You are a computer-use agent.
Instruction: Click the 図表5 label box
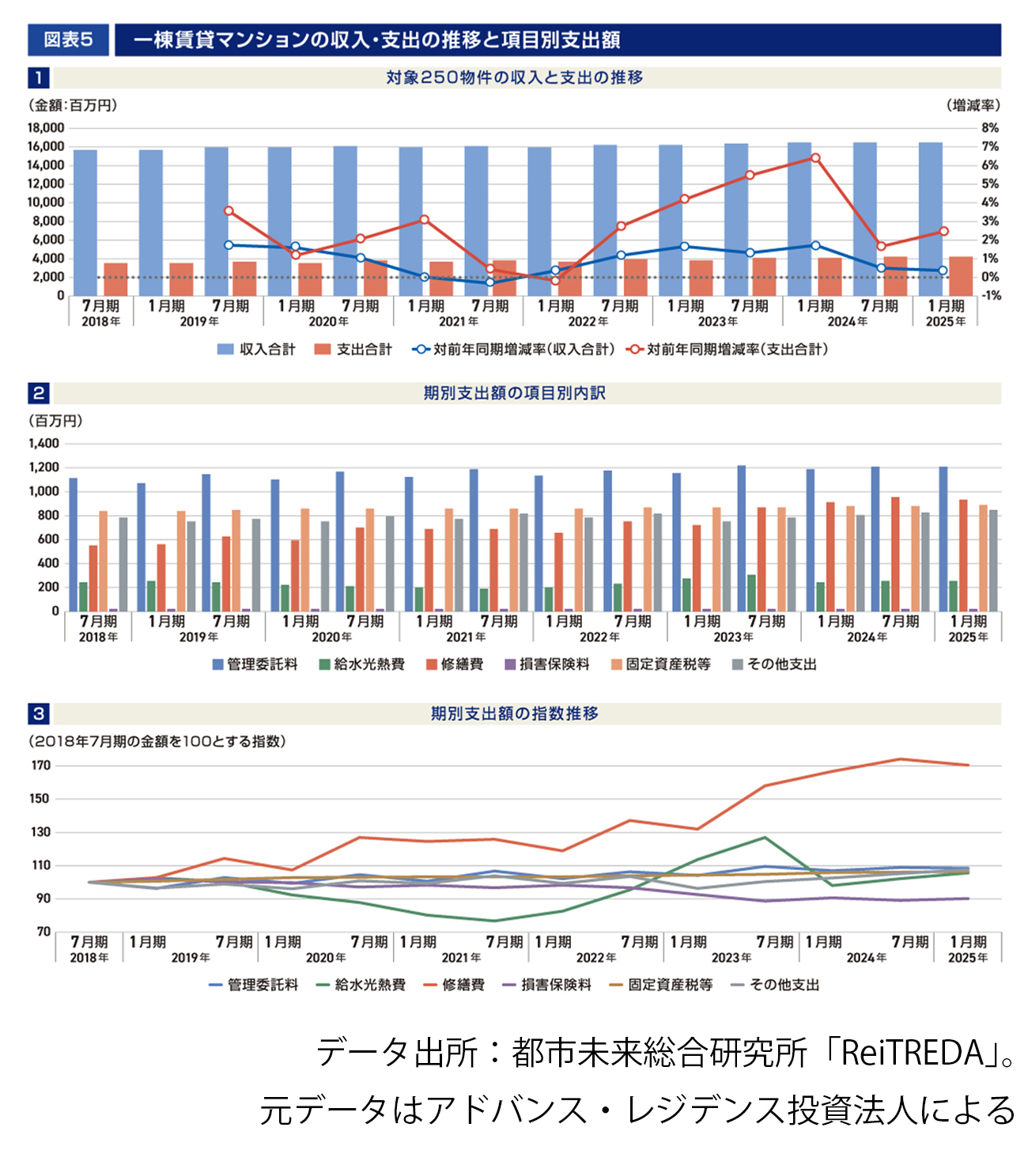point(68,40)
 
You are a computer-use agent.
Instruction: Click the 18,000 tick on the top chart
point(46,128)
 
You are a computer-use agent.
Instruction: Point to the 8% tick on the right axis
point(990,128)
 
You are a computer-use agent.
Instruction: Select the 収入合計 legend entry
point(256,349)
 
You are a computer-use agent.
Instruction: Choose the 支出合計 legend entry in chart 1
point(353,349)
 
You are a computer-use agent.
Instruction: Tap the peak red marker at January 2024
point(815,158)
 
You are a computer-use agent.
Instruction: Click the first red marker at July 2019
point(229,211)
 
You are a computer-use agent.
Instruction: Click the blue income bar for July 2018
point(85,221)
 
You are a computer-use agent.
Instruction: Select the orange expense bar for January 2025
point(961,275)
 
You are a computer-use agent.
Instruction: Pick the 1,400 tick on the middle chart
point(44,444)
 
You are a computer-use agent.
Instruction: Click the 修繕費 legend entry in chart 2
point(454,664)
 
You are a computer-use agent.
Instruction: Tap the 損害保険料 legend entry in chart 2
point(546,664)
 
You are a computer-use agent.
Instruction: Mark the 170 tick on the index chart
point(41,766)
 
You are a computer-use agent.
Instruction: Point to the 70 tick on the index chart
point(43,932)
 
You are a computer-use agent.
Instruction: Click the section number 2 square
point(38,393)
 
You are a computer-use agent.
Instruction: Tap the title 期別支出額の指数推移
point(514,713)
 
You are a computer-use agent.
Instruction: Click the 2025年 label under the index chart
point(968,958)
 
